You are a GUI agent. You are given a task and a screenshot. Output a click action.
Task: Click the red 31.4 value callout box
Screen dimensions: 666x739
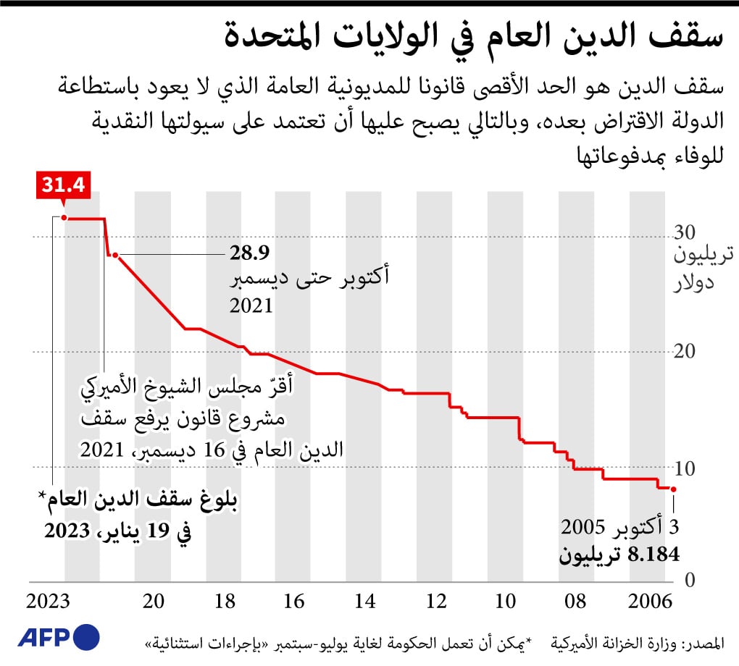pyautogui.click(x=62, y=185)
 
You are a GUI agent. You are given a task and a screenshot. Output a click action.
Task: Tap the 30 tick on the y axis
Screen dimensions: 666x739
pyautogui.click(x=686, y=233)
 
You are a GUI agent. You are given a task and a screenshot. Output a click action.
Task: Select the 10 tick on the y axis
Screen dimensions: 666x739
pyautogui.click(x=686, y=467)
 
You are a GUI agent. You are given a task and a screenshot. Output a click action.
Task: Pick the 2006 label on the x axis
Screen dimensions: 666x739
pyautogui.click(x=648, y=602)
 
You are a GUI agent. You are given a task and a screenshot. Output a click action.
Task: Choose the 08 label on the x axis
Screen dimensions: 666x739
pyautogui.click(x=575, y=602)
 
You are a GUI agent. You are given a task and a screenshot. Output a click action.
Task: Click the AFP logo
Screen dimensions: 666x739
pyautogui.click(x=59, y=637)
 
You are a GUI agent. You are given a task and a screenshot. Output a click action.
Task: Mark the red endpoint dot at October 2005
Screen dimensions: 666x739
pyautogui.click(x=673, y=489)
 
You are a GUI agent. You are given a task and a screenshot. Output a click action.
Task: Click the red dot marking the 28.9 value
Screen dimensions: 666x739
pyautogui.click(x=115, y=256)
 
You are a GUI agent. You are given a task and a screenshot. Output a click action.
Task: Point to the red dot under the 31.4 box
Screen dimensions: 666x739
pyautogui.click(x=64, y=218)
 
